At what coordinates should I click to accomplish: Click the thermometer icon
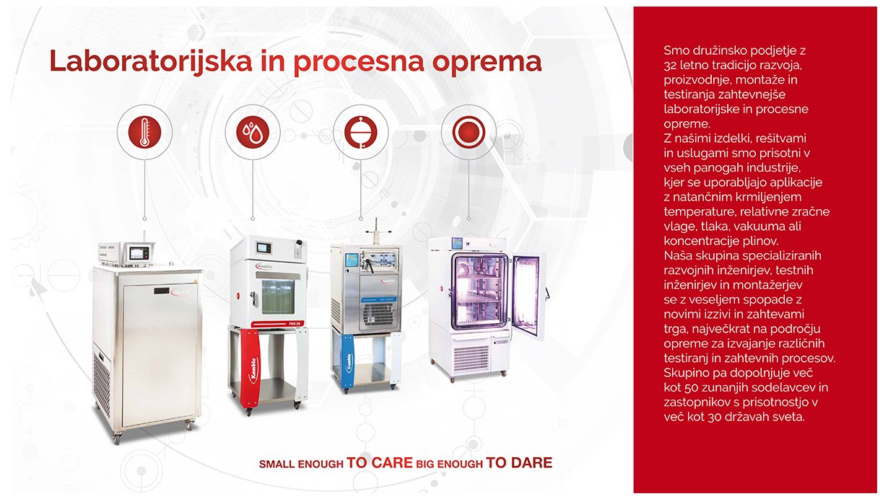(144, 133)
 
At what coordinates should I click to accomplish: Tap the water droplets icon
(253, 133)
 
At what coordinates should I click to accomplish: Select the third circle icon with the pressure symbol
(361, 133)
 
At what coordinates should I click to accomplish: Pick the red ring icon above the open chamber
(469, 133)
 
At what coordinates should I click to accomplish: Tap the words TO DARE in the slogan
(519, 463)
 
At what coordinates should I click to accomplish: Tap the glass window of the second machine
(277, 292)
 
